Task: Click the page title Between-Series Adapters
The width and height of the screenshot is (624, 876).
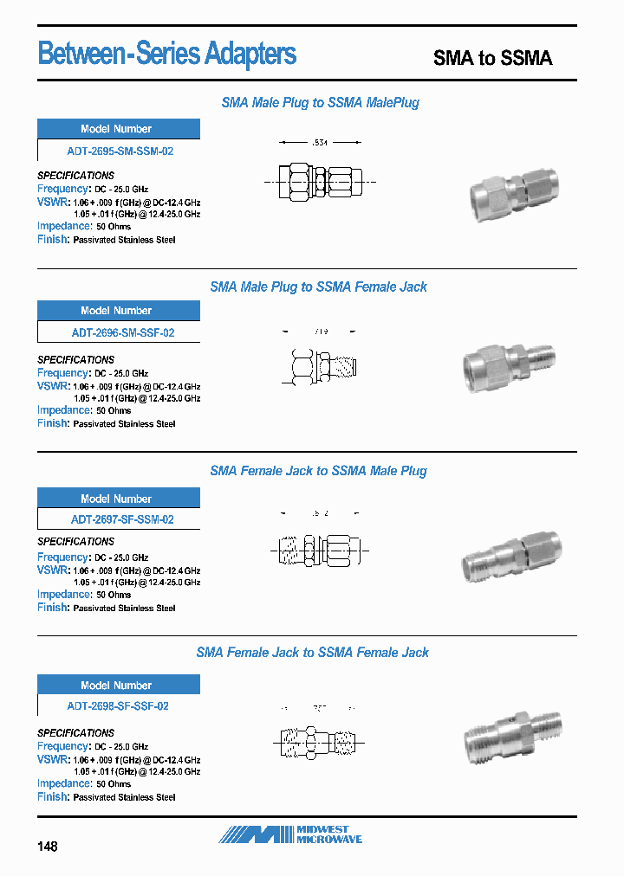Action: (x=167, y=55)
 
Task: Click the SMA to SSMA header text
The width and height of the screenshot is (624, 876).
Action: (x=492, y=58)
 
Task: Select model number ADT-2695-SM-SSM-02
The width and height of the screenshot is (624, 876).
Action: (x=120, y=151)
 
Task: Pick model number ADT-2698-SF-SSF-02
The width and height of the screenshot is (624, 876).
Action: (x=118, y=705)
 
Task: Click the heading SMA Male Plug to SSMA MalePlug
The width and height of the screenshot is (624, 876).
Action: (x=320, y=102)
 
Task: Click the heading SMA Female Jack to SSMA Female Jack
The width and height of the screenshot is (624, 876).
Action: (x=312, y=652)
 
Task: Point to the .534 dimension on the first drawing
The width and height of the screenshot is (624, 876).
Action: (x=320, y=142)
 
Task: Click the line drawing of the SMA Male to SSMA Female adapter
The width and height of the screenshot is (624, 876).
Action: (x=322, y=366)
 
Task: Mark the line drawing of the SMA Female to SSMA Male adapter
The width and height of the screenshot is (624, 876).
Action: (x=322, y=548)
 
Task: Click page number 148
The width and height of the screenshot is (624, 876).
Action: (x=48, y=846)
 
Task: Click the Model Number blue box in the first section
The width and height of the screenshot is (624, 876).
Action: (x=119, y=129)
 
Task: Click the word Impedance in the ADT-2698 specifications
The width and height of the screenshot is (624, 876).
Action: (x=64, y=783)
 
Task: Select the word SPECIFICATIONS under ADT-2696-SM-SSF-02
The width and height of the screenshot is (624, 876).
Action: (x=75, y=359)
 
